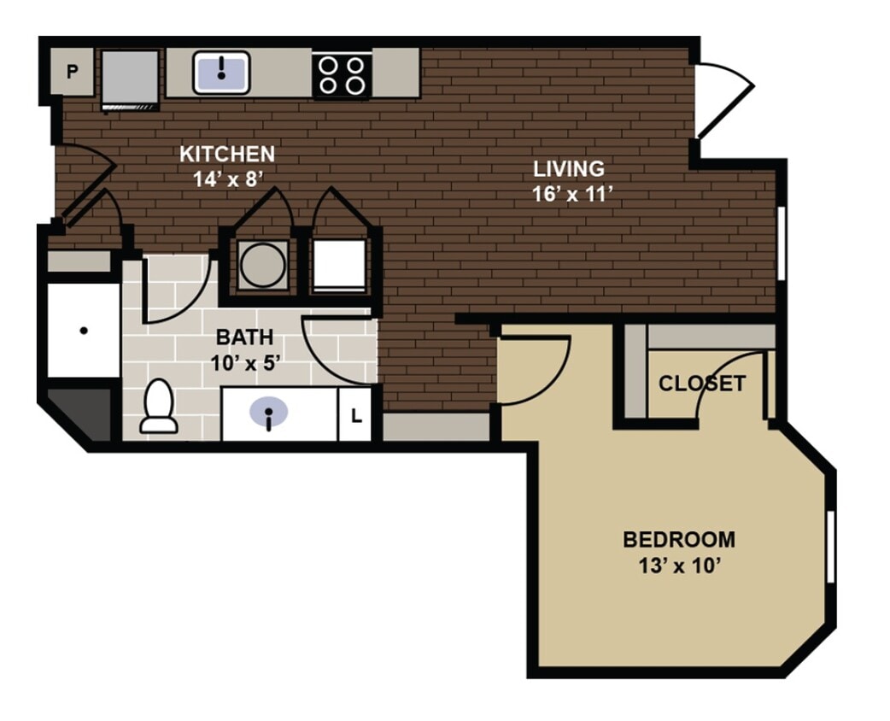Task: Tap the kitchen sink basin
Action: (x=221, y=72)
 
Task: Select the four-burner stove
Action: (x=341, y=74)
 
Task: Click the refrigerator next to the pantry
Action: (x=130, y=78)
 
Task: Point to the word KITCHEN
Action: (x=227, y=155)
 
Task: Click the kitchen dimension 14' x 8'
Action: (x=227, y=178)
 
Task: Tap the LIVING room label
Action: (x=569, y=169)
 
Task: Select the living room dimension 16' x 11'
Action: (x=573, y=193)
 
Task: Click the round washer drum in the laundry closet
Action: (x=261, y=265)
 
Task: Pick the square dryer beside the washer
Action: (x=338, y=265)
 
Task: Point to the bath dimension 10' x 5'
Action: (x=246, y=361)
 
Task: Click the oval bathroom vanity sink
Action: (x=269, y=413)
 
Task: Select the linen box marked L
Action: (x=356, y=417)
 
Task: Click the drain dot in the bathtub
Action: (x=84, y=331)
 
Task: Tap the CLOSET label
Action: (x=701, y=384)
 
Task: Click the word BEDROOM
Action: (x=678, y=540)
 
